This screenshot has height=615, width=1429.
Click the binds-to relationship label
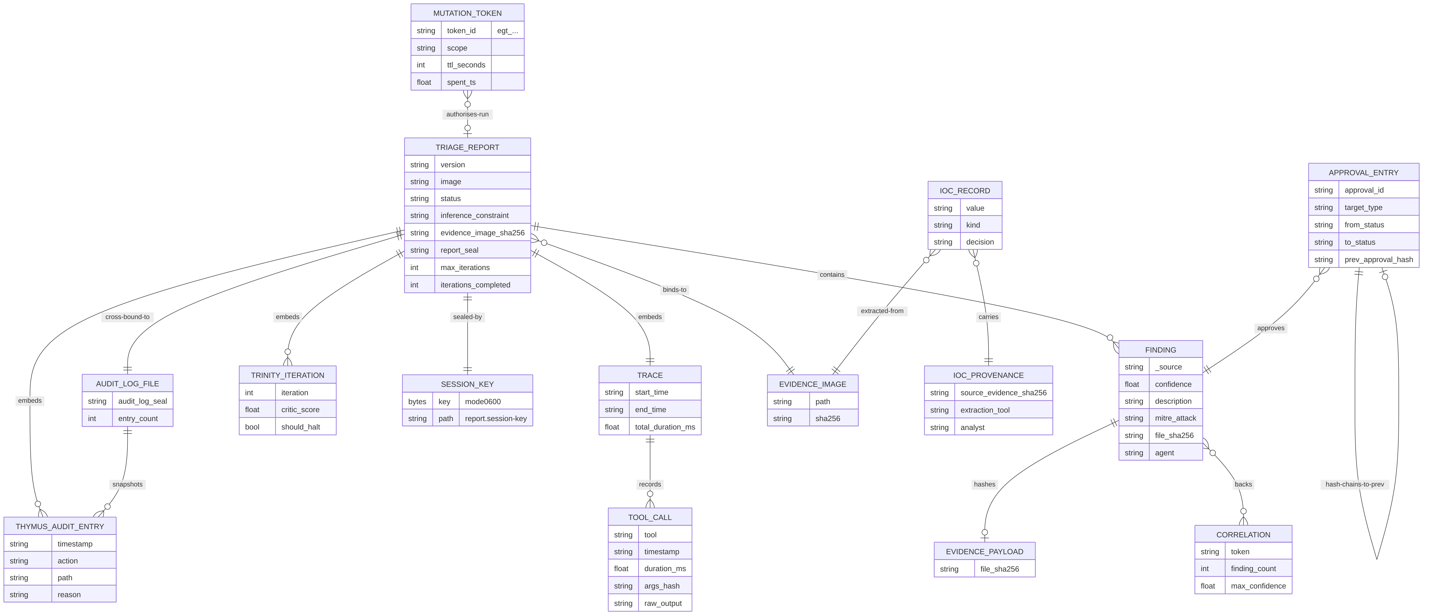coord(675,290)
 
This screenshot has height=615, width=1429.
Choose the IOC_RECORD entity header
coord(965,191)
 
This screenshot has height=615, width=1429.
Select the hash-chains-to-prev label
coord(1355,484)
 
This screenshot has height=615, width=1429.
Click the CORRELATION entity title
coord(1243,535)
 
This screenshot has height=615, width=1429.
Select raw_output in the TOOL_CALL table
coord(663,603)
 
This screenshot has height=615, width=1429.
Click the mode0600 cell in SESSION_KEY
coord(483,402)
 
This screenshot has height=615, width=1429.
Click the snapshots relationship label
coord(128,484)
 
